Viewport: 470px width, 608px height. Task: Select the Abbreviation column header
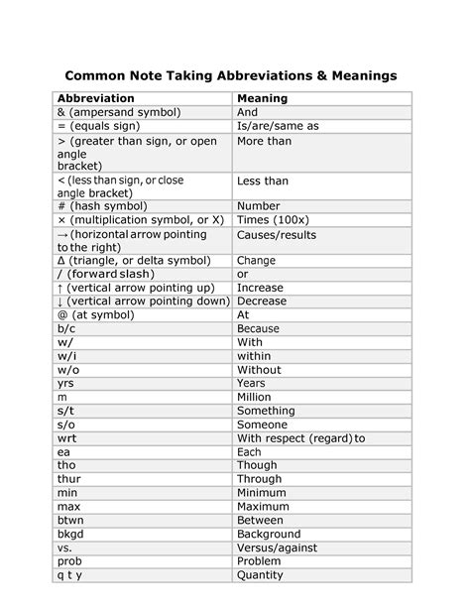[x=97, y=99]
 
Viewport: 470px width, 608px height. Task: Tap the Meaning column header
[x=262, y=99]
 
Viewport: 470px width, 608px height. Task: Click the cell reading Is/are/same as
[x=278, y=127]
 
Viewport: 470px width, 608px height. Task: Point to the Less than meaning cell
[x=263, y=182]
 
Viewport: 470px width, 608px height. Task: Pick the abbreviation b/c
[x=67, y=328]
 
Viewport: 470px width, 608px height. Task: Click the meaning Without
[x=259, y=370]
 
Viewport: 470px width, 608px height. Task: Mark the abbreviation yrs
[x=66, y=383]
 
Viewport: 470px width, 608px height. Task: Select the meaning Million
[x=255, y=397]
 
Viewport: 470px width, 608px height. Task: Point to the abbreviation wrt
[x=66, y=437]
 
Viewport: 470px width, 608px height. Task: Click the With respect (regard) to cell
[x=300, y=437]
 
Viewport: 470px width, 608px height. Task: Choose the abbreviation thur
[x=68, y=479]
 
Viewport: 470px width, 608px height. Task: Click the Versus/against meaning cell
[x=278, y=547]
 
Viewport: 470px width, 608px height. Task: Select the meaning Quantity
[x=260, y=574]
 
